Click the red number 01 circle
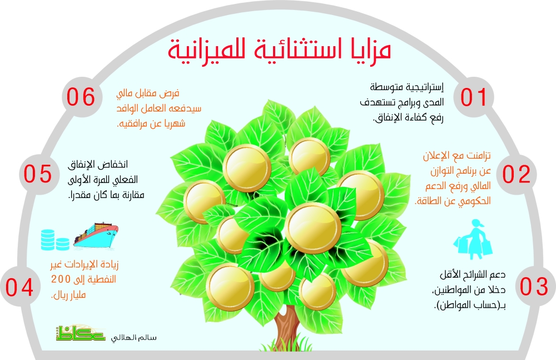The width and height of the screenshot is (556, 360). click(x=473, y=97)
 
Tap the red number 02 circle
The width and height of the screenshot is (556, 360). click(x=517, y=174)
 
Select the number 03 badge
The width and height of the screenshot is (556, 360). click(x=534, y=286)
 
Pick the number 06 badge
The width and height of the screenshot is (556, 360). click(x=82, y=97)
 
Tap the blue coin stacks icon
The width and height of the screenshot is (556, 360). click(x=55, y=240)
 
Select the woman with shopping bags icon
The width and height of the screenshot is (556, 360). click(x=473, y=239)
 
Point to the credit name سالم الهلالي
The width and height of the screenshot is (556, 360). click(x=133, y=337)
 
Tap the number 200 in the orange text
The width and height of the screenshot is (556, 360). click(x=61, y=279)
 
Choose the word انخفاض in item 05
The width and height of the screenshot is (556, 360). click(x=113, y=164)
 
